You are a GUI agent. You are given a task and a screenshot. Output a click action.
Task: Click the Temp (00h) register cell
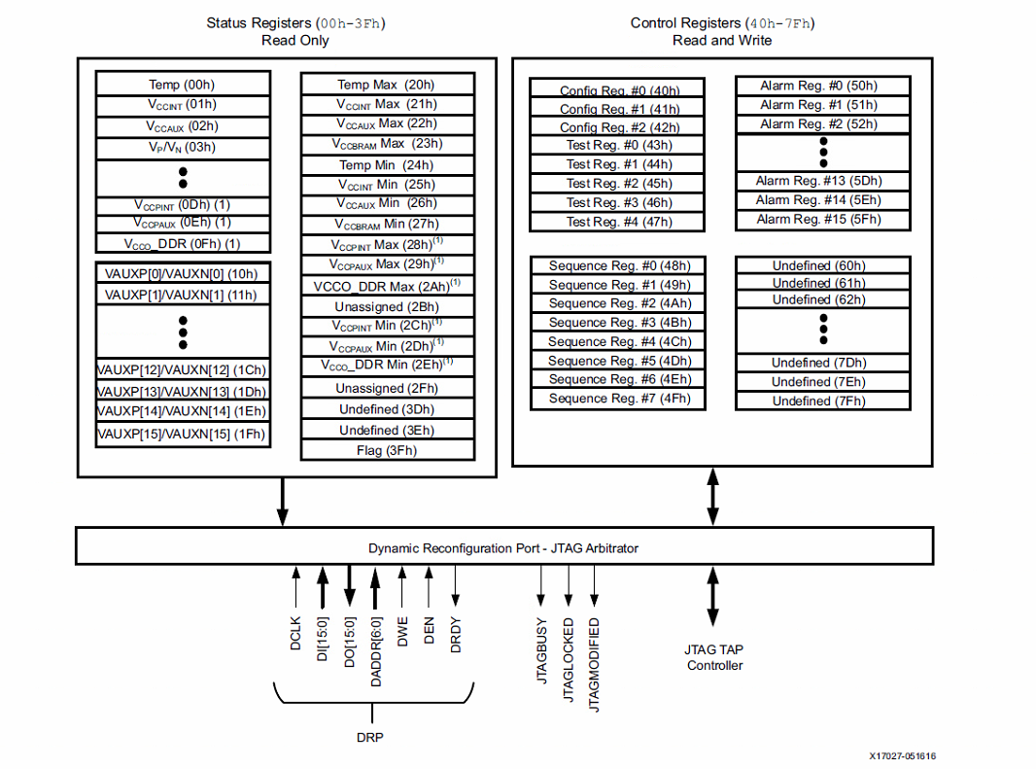click(x=183, y=85)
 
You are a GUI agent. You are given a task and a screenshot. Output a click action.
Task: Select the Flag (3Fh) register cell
click(x=387, y=450)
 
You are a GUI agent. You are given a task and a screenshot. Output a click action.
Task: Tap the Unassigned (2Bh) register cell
click(x=387, y=306)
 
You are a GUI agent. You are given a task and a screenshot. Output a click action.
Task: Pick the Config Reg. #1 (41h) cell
click(x=618, y=109)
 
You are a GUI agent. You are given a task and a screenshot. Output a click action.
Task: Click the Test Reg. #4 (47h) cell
click(x=618, y=222)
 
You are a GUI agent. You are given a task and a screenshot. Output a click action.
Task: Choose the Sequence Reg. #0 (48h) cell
click(x=618, y=265)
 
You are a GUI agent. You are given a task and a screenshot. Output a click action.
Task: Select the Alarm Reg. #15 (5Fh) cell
click(x=822, y=219)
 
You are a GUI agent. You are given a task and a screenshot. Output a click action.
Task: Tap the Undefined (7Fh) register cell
click(x=822, y=401)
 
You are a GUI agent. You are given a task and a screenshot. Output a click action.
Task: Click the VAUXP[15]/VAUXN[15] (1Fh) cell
click(x=183, y=434)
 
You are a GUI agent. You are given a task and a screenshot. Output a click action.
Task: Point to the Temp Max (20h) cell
click(x=387, y=85)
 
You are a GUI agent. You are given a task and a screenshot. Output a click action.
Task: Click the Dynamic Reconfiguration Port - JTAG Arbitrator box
click(x=503, y=547)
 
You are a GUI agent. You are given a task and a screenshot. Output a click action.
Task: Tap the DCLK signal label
click(x=295, y=633)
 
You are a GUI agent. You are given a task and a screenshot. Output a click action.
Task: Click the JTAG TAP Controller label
click(x=714, y=657)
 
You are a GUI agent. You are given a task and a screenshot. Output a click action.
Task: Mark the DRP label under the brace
click(x=369, y=737)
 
